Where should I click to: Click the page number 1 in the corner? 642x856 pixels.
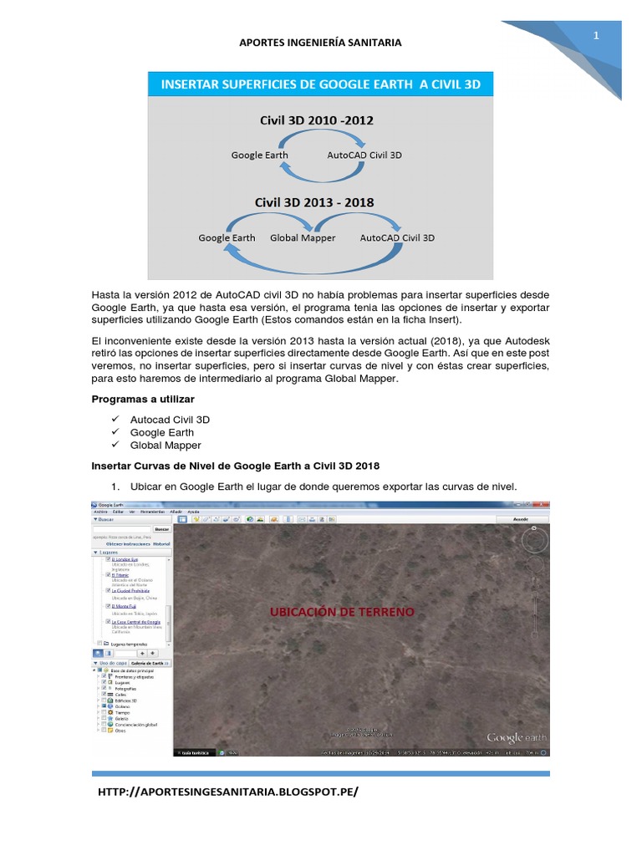tap(597, 36)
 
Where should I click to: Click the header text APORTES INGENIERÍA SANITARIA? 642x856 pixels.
tap(320, 43)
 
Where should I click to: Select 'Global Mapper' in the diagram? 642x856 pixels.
tap(303, 238)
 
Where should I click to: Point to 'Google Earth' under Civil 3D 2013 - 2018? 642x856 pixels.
tap(227, 238)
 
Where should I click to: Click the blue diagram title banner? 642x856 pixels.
tap(320, 84)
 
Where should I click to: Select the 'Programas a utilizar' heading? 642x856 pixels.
tap(141, 400)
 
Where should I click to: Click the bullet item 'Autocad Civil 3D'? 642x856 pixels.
tap(170, 420)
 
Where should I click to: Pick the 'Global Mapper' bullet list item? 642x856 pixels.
tap(166, 446)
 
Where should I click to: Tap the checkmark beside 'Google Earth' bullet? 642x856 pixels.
tap(114, 433)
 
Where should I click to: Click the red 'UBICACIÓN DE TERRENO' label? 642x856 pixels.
tap(342, 613)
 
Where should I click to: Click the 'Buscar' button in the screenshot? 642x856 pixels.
tap(161, 530)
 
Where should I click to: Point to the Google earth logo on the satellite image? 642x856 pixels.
tap(517, 737)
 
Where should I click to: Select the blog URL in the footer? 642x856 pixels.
tap(228, 792)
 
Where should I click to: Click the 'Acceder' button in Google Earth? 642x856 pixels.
tap(519, 518)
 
